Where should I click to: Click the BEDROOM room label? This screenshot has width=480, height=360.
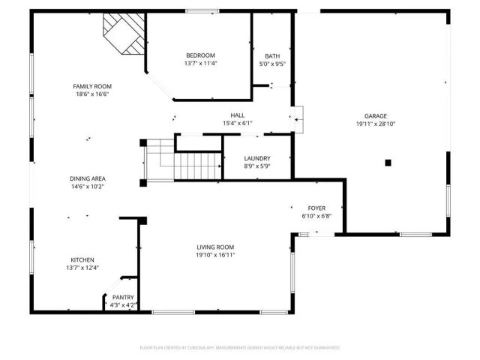200,55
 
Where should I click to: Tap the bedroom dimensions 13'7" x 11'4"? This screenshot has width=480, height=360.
200,64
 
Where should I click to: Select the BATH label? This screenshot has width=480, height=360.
272,56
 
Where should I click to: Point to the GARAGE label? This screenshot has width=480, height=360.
376,116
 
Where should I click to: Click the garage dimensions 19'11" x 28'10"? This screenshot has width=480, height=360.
376,124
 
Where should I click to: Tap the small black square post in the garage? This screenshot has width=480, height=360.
388,162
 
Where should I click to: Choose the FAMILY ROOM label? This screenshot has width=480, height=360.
91,87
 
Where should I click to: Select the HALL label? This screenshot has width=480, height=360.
238,115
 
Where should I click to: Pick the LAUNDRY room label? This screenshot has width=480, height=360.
257,158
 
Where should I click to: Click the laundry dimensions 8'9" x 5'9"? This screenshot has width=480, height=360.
257,166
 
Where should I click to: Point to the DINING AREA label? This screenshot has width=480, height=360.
88,178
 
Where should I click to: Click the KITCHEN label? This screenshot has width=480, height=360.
82,259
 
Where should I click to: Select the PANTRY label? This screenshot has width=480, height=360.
123,298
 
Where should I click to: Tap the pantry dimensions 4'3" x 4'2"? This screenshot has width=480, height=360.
123,305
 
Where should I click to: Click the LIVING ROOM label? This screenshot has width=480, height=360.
215,247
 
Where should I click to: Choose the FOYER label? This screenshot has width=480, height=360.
316,208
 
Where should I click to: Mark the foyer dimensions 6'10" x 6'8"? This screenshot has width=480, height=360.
316,216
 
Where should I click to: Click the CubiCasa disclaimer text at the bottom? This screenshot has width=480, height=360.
240,348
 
